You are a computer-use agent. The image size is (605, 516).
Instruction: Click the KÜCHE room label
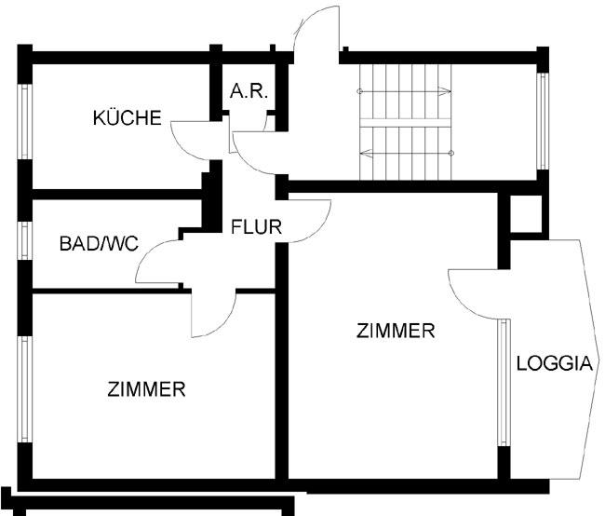point(128,118)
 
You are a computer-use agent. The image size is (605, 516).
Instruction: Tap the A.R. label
point(249,91)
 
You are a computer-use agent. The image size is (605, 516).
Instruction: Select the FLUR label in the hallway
point(256,225)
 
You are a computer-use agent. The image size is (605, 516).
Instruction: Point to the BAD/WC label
point(99,244)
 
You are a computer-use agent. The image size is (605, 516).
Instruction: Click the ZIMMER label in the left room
point(146,389)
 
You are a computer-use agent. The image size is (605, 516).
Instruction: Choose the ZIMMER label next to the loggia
point(396,330)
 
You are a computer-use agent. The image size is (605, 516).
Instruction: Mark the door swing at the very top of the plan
point(316,28)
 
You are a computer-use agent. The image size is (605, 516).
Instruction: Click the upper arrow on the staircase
point(405,91)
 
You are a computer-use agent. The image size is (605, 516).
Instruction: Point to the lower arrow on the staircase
point(405,150)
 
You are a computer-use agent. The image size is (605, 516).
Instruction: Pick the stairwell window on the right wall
point(542,116)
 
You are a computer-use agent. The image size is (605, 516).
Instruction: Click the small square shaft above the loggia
point(524,215)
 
